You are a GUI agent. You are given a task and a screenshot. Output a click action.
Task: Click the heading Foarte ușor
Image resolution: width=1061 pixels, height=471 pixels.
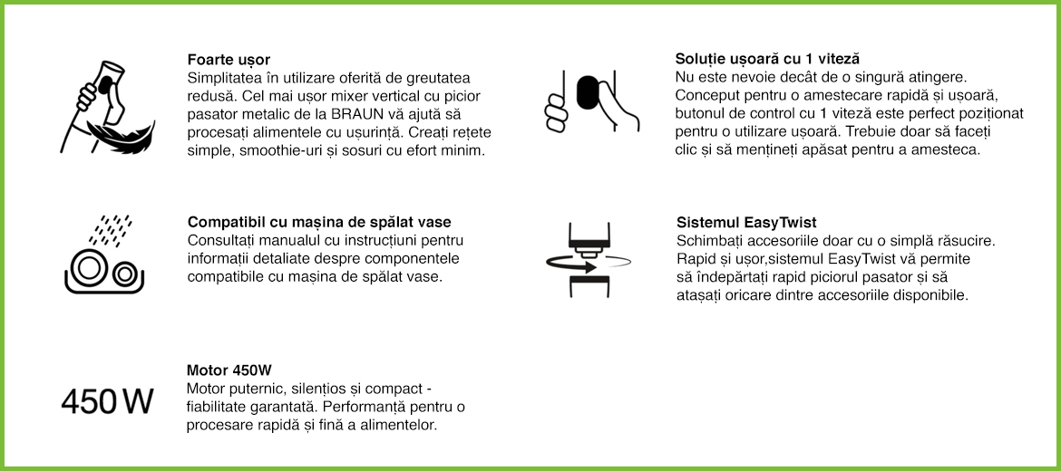click(x=229, y=60)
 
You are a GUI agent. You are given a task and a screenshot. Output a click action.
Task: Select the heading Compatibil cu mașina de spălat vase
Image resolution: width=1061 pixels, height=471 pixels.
click(x=319, y=222)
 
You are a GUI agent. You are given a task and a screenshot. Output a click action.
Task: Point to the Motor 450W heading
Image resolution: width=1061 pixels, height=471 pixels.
click(x=229, y=370)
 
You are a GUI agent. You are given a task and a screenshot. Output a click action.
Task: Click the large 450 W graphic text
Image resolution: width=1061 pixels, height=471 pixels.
click(x=107, y=400)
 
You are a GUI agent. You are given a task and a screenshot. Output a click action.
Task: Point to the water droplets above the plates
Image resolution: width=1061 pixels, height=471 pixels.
click(x=112, y=229)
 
